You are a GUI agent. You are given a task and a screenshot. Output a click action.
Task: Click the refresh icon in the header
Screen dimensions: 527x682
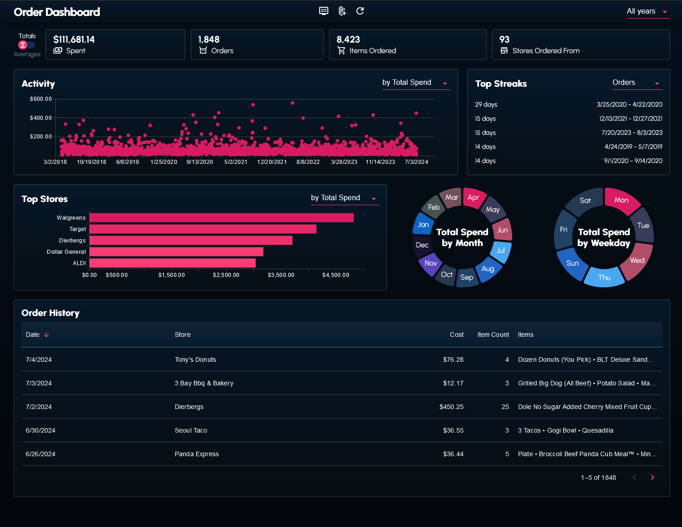[x=360, y=11]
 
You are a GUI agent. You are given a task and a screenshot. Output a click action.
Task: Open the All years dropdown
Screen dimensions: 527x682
[x=647, y=11]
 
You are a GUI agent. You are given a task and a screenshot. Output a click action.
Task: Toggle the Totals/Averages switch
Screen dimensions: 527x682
[x=26, y=45]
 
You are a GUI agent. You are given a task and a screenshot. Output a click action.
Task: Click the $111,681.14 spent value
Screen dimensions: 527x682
[x=74, y=39]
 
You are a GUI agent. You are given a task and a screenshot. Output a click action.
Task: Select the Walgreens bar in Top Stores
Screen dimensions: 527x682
[x=222, y=218]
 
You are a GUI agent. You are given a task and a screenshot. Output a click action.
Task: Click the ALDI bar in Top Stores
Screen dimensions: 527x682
[x=173, y=263]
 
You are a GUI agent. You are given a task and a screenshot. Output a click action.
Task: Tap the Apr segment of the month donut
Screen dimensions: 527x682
[x=474, y=197]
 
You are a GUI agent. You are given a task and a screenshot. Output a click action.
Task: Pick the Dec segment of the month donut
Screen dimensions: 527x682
[x=422, y=245]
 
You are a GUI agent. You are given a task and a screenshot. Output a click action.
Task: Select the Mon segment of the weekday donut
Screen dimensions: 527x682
[x=622, y=200]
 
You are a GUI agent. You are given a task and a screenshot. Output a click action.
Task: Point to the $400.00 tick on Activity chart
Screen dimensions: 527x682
[x=41, y=118]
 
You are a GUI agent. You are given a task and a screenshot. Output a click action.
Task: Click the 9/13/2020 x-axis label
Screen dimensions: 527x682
[x=200, y=162]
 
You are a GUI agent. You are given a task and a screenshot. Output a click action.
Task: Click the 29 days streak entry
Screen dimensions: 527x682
[x=486, y=104]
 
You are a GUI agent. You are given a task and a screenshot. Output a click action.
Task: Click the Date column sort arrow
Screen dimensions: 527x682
[x=46, y=335]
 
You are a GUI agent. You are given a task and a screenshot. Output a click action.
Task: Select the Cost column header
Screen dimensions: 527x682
[x=456, y=335]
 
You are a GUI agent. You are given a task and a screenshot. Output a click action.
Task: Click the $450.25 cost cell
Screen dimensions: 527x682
[x=451, y=407]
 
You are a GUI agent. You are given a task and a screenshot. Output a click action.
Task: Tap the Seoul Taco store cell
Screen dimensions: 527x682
[x=191, y=430]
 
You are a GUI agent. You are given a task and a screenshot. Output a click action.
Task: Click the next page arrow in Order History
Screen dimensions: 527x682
[x=652, y=478]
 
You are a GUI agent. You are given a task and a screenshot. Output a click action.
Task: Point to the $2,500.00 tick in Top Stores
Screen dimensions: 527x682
[x=226, y=275]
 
